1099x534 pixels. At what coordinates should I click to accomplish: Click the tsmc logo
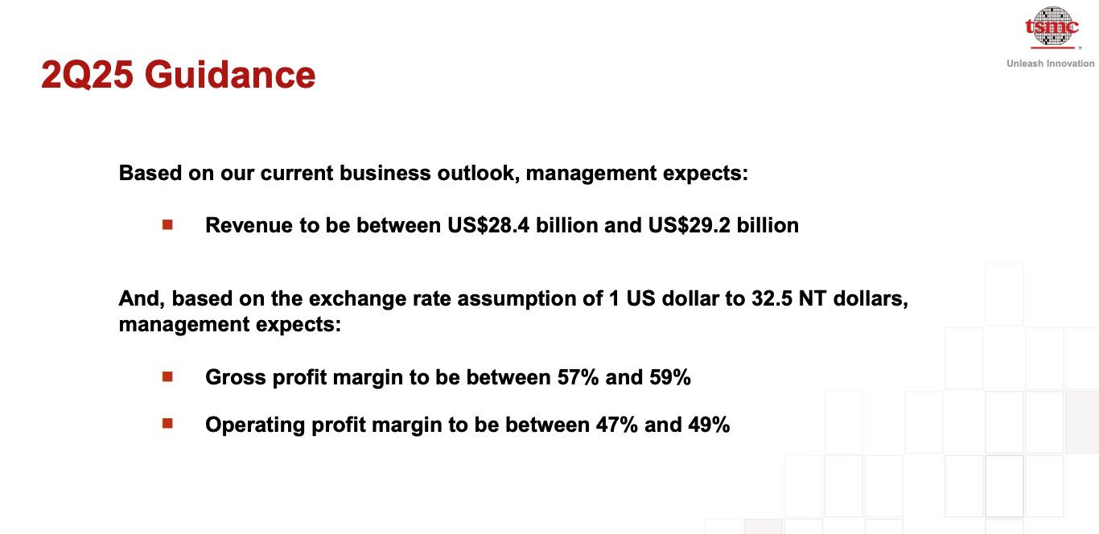[1052, 27]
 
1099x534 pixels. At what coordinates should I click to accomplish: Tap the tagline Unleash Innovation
[1051, 64]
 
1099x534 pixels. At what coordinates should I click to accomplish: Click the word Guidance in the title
[229, 75]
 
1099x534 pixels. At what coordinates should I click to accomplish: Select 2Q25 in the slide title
[87, 75]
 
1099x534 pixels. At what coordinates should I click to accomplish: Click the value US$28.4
[488, 225]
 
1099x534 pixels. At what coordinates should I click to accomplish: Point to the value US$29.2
[689, 225]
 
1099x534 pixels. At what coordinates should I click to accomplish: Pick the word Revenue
[249, 225]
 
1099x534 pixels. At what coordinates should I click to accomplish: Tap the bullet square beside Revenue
[167, 224]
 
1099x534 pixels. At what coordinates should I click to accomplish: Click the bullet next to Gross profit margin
[167, 376]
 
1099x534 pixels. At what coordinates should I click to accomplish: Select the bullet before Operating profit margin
[167, 423]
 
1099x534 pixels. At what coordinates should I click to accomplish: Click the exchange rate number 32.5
[772, 298]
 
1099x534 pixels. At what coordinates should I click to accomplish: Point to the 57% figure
[578, 377]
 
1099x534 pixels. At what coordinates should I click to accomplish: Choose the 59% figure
[670, 377]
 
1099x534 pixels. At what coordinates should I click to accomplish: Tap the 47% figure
[617, 425]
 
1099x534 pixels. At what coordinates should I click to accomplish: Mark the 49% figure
[709, 425]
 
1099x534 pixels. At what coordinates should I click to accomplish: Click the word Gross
[236, 377]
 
